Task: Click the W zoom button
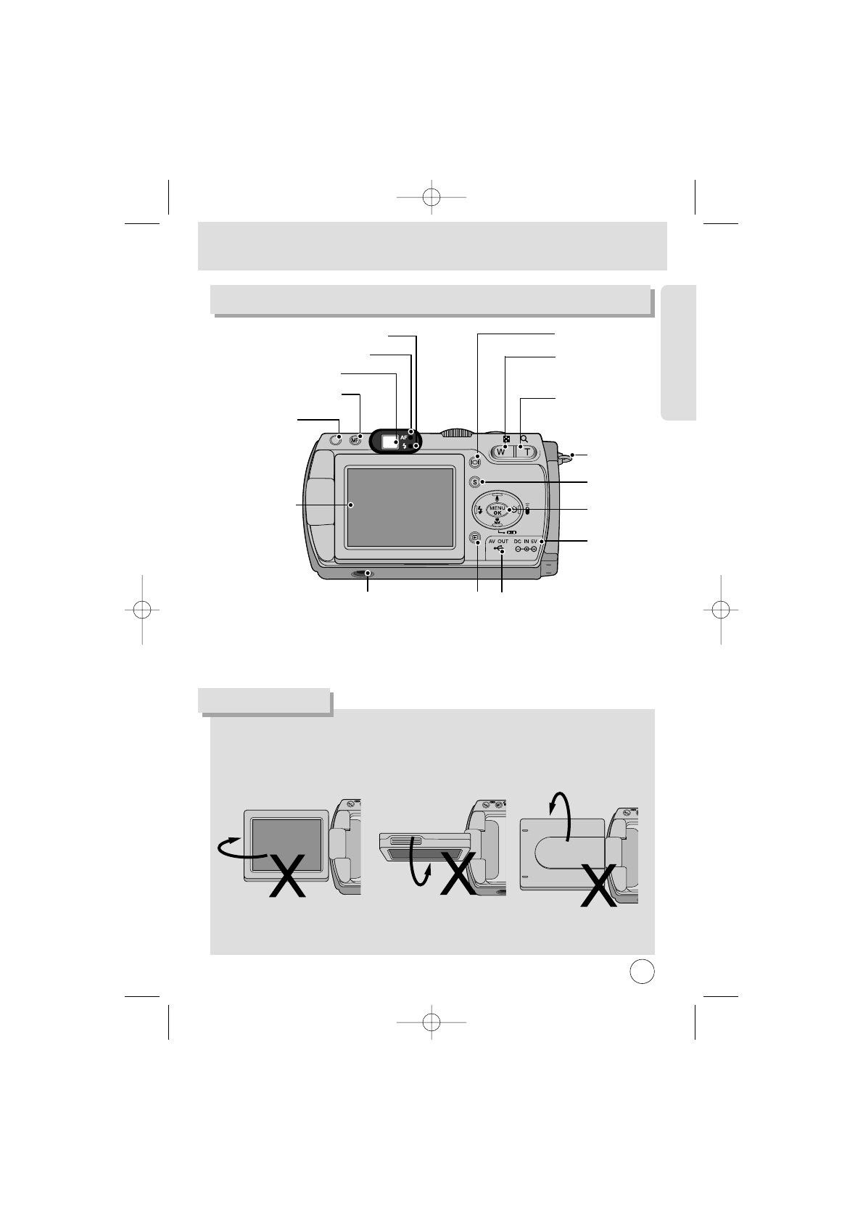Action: click(500, 452)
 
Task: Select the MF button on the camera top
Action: click(355, 440)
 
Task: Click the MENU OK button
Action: click(497, 510)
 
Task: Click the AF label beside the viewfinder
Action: click(404, 438)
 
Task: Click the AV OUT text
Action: click(498, 541)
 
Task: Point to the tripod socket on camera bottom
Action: click(361, 574)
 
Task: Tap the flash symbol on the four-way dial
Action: click(480, 510)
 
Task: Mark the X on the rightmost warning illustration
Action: click(601, 885)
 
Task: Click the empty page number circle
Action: click(641, 971)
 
